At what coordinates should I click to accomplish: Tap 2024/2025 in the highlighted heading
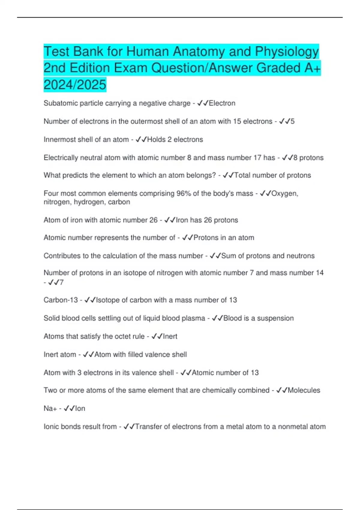coord(75,84)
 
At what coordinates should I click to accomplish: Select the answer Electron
coord(222,103)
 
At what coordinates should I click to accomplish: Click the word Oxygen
coord(284,193)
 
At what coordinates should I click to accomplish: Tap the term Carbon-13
coord(61,300)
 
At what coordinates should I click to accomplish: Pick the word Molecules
coord(304,390)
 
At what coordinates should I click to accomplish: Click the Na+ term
coord(50,409)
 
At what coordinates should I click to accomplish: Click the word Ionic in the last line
coord(51,427)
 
